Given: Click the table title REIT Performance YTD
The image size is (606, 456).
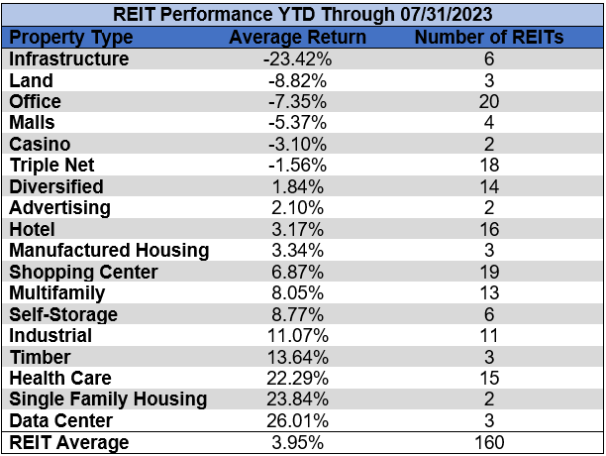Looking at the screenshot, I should coord(302,14).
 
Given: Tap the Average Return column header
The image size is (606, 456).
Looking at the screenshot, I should coord(297,37).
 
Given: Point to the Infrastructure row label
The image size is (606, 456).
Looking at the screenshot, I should coord(68,58).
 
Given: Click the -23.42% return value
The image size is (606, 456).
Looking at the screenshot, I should coord(297,58).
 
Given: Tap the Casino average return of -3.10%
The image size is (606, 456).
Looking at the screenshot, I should coord(297,144).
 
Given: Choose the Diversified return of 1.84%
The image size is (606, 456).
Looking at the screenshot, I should coord(297,186).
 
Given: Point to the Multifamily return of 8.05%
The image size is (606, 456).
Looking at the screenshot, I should coord(297,292).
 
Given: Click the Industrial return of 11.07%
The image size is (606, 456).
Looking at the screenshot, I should coord(297,335).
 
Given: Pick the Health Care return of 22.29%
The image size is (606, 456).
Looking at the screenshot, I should coord(297,378).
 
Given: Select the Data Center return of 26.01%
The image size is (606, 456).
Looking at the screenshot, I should coord(297,420).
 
